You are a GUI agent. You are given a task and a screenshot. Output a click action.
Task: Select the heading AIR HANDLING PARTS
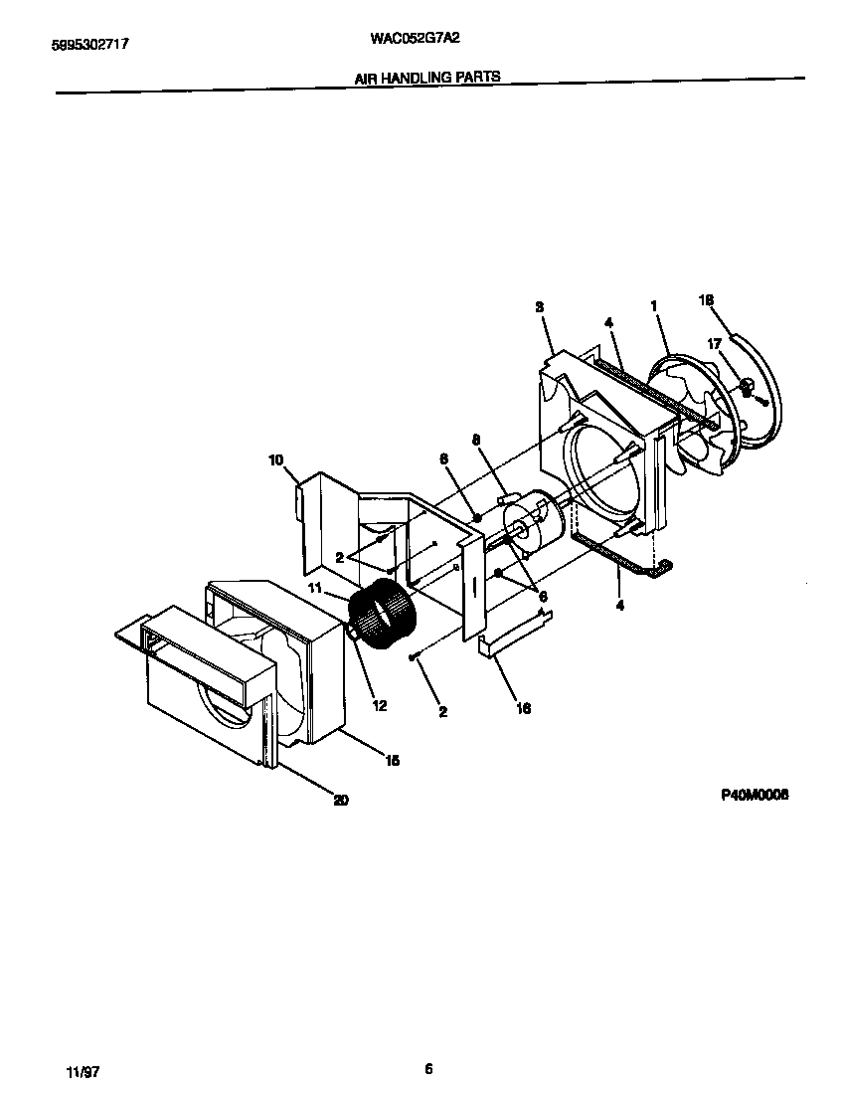[426, 77]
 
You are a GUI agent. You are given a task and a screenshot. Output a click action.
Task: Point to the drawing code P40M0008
[755, 795]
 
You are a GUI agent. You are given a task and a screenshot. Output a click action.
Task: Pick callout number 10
[275, 459]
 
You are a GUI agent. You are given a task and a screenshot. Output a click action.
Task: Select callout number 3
[539, 307]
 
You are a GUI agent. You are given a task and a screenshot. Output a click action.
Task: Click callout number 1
[654, 307]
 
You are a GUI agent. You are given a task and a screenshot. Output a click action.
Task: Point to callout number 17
[715, 343]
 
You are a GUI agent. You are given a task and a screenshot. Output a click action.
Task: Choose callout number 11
[315, 589]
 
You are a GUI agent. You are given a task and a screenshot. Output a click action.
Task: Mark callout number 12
[379, 705]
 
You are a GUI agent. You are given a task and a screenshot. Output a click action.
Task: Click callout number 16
[524, 708]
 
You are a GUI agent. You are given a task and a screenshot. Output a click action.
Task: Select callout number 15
[392, 760]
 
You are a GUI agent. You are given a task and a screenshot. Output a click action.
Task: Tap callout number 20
[340, 800]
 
